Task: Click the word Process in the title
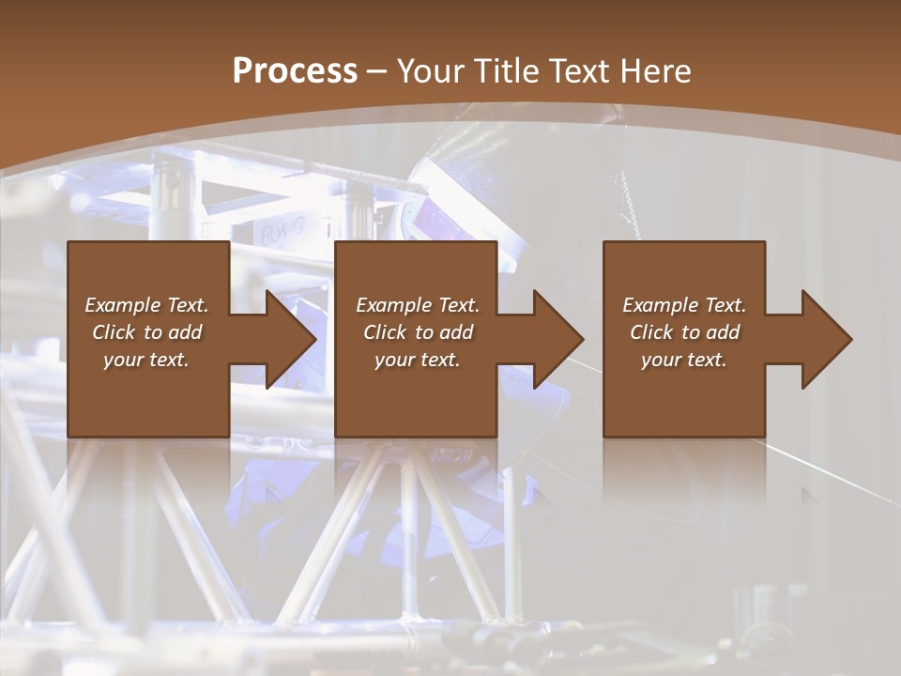(x=295, y=71)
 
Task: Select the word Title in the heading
(x=507, y=71)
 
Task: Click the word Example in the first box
(x=119, y=305)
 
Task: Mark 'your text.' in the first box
(x=146, y=360)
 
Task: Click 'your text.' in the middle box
(x=418, y=360)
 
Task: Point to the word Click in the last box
(x=651, y=332)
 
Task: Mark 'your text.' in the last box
(x=684, y=360)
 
